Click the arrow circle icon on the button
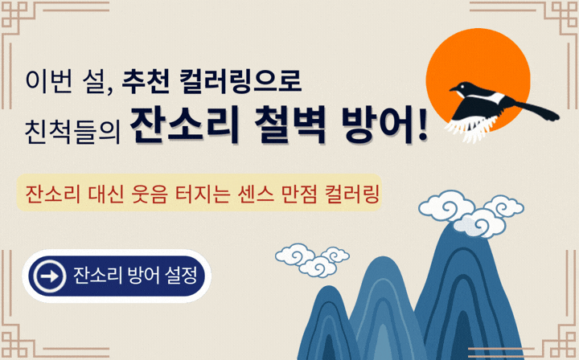click(50, 276)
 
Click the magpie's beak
click(453, 88)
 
